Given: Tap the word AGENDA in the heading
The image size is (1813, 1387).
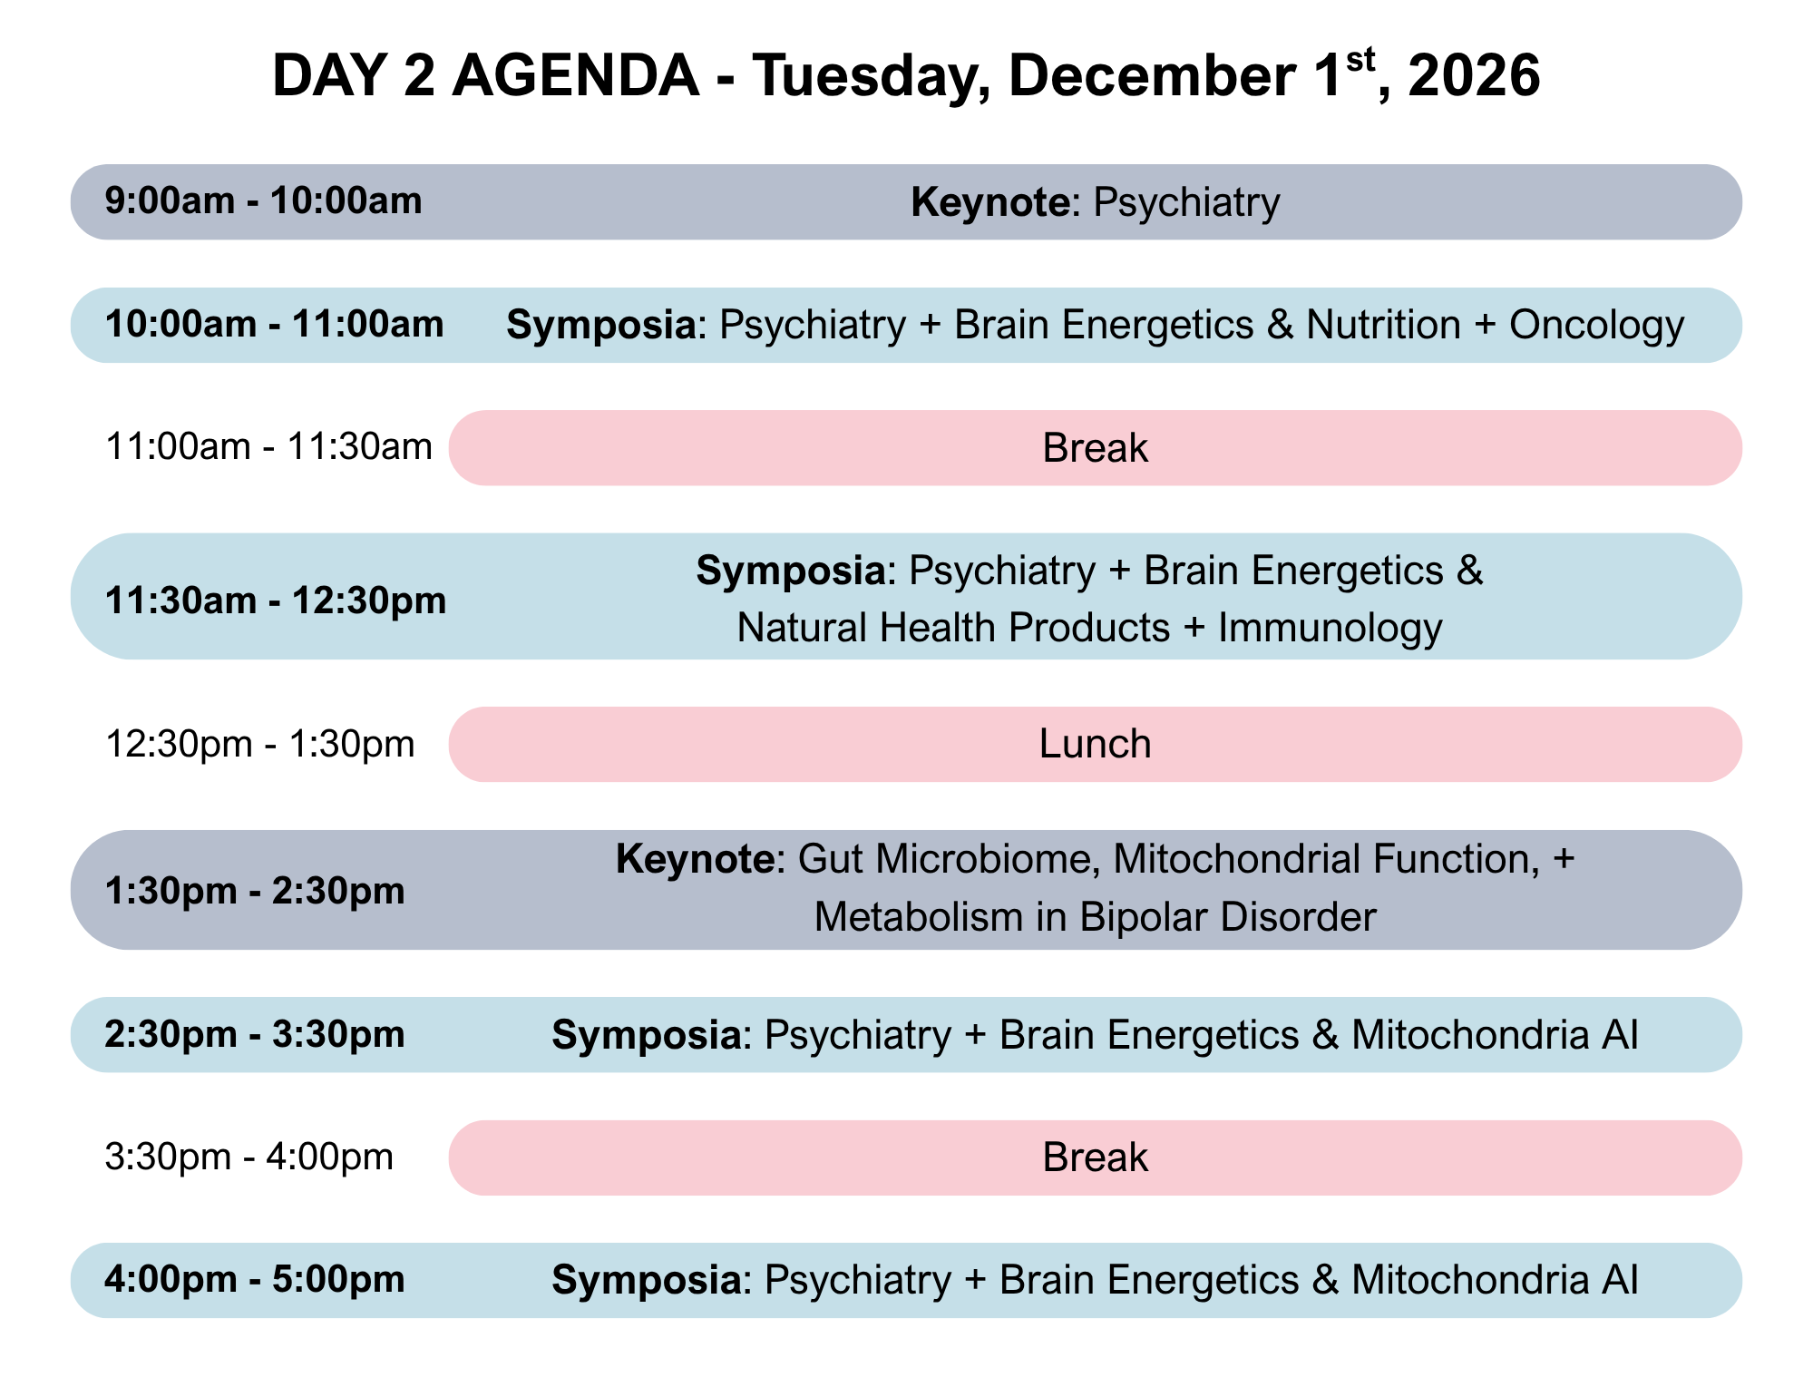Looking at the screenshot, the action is pyautogui.click(x=576, y=75).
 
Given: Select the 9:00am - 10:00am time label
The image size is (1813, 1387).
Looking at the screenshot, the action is pyautogui.click(x=264, y=200).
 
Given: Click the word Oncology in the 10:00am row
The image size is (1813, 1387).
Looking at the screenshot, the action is pyautogui.click(x=1596, y=326).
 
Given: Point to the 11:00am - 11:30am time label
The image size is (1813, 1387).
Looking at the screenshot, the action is pyautogui.click(x=268, y=447).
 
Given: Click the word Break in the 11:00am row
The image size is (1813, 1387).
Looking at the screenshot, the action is pyautogui.click(x=1096, y=448).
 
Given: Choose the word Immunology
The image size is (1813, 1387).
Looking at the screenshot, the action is pyautogui.click(x=1330, y=629).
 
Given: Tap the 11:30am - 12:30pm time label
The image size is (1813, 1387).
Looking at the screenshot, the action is pyautogui.click(x=276, y=601).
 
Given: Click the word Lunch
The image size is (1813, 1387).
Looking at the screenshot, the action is pyautogui.click(x=1095, y=745).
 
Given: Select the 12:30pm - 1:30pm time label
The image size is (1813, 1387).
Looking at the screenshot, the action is pyautogui.click(x=260, y=745).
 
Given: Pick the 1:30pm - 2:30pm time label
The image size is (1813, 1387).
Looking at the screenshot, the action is pyautogui.click(x=255, y=892).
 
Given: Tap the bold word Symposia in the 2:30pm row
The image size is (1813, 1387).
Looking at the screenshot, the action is pyautogui.click(x=647, y=1035).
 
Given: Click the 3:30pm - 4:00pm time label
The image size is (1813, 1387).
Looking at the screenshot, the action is pyautogui.click(x=249, y=1157).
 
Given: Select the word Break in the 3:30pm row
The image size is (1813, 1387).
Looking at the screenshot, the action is pyautogui.click(x=1096, y=1158).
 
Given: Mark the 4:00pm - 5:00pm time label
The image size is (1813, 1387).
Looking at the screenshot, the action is pyautogui.click(x=255, y=1280).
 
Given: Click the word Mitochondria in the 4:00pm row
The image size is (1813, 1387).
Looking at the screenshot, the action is pyautogui.click(x=1470, y=1280).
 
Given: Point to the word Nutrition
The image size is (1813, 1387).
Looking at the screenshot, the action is pyautogui.click(x=1383, y=326).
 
